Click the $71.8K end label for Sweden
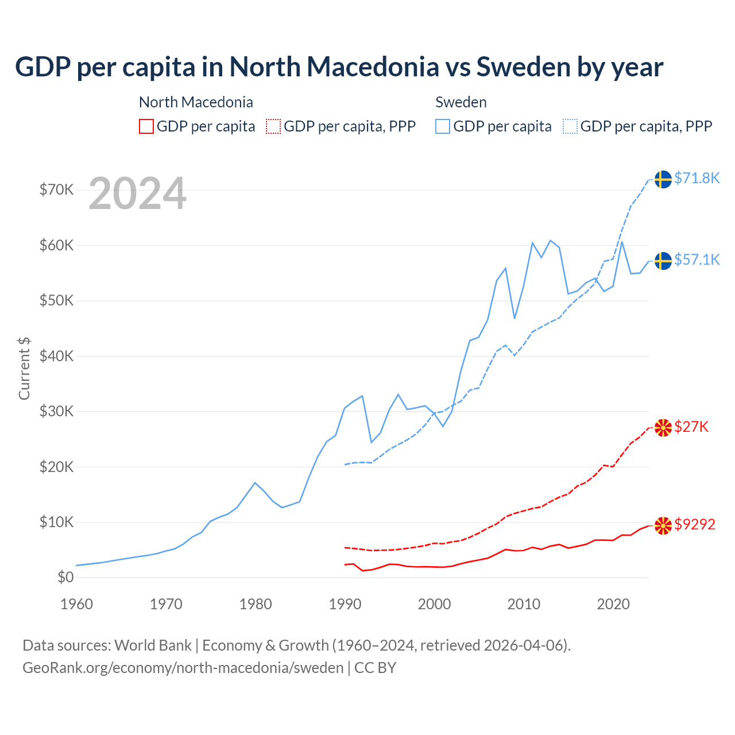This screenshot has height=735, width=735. (697, 179)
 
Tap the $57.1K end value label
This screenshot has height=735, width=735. (697, 260)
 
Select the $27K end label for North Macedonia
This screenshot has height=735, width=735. (691, 427)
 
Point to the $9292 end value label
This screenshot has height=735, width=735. (695, 524)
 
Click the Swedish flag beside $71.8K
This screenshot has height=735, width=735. (663, 179)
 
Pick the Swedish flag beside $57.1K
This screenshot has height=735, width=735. (663, 261)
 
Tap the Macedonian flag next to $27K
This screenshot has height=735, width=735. (663, 427)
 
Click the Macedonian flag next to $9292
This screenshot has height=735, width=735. (663, 525)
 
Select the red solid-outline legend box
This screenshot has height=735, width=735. (146, 126)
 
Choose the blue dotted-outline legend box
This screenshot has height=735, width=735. (570, 126)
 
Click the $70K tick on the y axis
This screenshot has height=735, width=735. (56, 190)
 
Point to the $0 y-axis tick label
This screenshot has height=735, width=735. (65, 578)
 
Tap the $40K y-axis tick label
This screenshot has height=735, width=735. (56, 356)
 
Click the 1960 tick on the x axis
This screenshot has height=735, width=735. (76, 604)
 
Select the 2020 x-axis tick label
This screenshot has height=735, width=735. (613, 604)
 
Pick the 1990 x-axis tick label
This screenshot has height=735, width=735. (345, 604)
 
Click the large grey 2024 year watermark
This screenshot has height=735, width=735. (138, 194)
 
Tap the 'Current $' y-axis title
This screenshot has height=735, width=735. (24, 369)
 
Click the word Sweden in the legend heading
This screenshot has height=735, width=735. (461, 102)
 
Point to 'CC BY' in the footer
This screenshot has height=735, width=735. (376, 668)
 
